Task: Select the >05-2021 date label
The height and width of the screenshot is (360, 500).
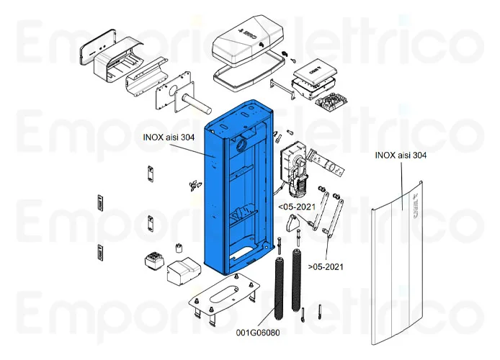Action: tap(326, 266)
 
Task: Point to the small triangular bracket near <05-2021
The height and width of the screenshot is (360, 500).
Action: tap(293, 227)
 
